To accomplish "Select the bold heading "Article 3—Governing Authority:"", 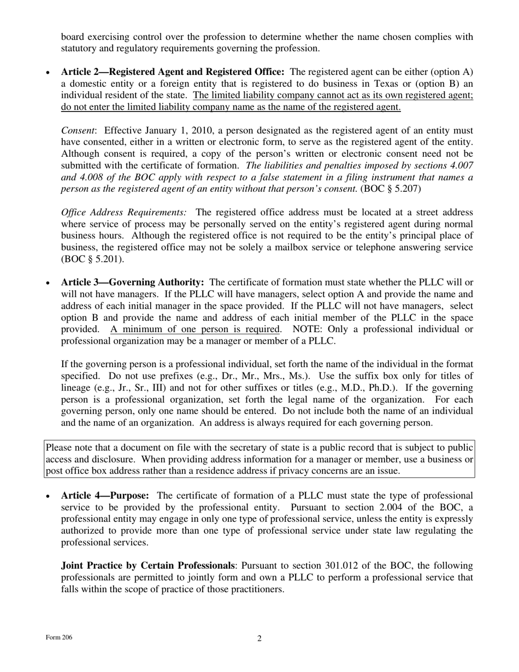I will [132, 282].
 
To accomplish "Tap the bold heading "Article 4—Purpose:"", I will [105, 496].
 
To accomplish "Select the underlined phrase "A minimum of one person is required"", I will [195, 329].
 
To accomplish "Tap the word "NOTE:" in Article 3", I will [308, 329].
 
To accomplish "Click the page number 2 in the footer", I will [259, 639].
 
